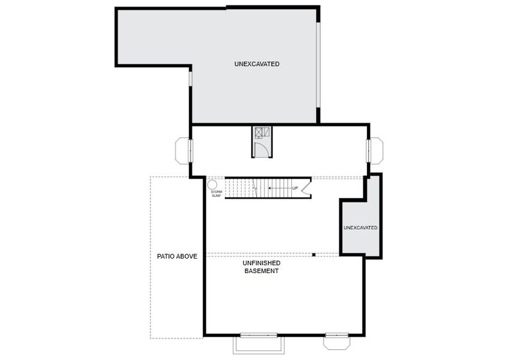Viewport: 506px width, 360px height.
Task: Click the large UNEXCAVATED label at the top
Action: (x=257, y=64)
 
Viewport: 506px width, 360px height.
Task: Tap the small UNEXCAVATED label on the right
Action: (x=360, y=228)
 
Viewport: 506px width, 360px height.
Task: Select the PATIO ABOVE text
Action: (x=177, y=256)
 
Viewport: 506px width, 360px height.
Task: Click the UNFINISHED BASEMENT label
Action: (x=261, y=267)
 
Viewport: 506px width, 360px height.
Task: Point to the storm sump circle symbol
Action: (x=212, y=185)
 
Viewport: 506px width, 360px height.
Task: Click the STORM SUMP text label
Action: (x=216, y=194)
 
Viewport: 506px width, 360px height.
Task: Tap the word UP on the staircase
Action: (x=294, y=188)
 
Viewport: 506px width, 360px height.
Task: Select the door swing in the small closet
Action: (x=261, y=148)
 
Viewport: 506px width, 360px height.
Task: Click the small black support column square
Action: (x=314, y=255)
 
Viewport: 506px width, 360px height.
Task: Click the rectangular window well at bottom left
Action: (x=258, y=344)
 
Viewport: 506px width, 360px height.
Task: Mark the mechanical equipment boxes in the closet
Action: (x=262, y=133)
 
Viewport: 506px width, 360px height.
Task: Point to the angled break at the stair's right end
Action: (x=306, y=188)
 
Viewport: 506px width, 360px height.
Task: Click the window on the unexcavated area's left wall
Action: (x=190, y=79)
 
